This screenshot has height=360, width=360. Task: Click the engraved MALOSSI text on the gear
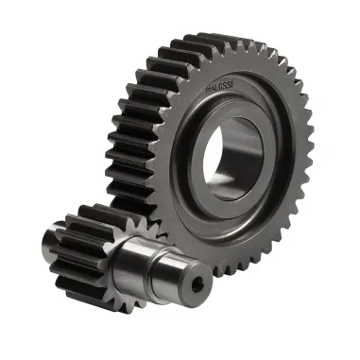222,88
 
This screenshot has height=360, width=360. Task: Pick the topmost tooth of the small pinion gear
94,211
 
